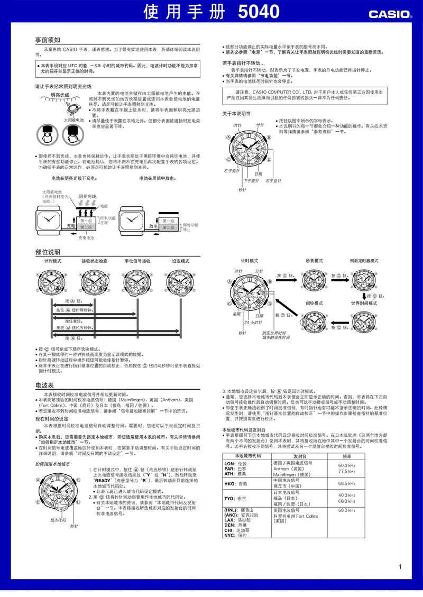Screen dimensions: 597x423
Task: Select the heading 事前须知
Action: tap(48, 40)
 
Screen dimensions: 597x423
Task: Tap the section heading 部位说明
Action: tap(48, 252)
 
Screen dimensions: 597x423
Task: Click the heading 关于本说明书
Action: tap(236, 113)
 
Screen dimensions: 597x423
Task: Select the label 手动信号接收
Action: tap(137, 261)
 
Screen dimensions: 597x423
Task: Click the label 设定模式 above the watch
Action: tap(180, 261)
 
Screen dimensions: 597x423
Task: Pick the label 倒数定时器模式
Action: tap(365, 261)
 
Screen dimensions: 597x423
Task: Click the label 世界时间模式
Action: tap(364, 303)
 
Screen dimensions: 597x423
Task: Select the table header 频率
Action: tap(347, 456)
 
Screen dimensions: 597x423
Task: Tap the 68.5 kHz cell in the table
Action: tap(347, 483)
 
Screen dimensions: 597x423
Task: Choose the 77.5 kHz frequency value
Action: tap(347, 471)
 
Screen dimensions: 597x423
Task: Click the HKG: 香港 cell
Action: tap(235, 483)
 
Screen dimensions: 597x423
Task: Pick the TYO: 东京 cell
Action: tap(235, 498)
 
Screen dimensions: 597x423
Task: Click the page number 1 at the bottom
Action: tap(400, 567)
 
